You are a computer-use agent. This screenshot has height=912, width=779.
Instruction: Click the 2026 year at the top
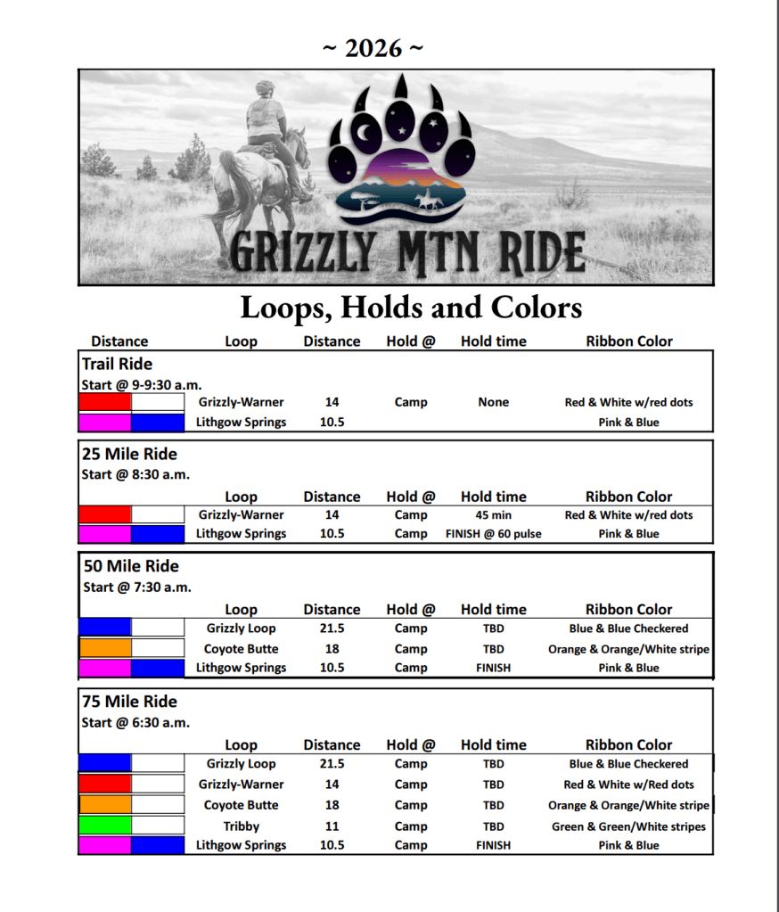click(373, 49)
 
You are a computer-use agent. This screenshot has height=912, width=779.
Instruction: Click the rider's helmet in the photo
click(265, 88)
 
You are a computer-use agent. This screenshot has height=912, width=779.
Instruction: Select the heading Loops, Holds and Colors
click(411, 308)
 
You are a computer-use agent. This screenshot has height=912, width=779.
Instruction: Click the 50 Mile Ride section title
click(130, 566)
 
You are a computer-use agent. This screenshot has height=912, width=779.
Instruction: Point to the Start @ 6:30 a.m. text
click(135, 722)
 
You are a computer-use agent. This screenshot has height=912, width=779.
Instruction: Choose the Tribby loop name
click(241, 826)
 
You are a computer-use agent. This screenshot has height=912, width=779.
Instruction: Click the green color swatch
click(105, 826)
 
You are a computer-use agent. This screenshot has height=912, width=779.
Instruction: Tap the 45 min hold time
click(493, 514)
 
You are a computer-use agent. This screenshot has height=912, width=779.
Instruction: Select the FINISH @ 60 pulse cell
click(493, 534)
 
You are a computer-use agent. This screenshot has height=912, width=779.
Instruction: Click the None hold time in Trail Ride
click(493, 402)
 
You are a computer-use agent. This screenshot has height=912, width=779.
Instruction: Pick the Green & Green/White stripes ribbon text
click(628, 826)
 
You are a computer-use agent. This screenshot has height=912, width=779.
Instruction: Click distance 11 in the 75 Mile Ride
click(332, 826)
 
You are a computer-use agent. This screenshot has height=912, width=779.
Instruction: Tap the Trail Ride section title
click(117, 364)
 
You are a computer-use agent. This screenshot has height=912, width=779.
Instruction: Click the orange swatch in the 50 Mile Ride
click(105, 648)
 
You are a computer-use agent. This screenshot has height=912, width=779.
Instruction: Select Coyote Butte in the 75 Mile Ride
click(241, 805)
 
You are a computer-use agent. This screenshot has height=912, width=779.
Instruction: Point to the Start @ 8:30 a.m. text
click(135, 474)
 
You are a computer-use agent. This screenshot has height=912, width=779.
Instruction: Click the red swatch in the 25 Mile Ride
click(105, 514)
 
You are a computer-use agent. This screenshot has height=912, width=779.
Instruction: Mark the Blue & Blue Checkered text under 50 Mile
click(628, 629)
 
